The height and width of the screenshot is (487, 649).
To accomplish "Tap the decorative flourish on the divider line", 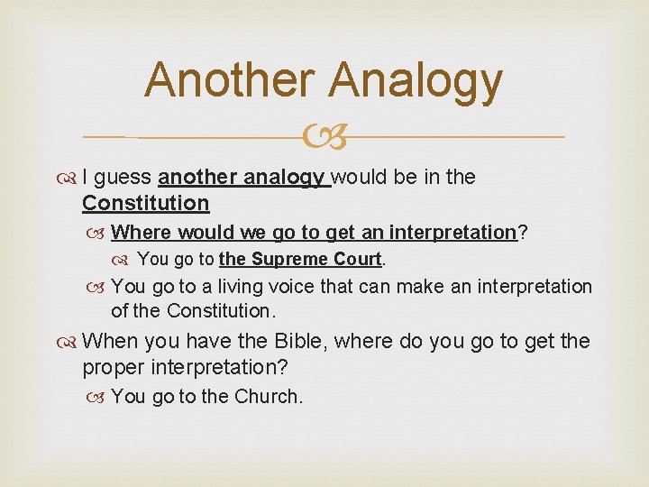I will [324, 137].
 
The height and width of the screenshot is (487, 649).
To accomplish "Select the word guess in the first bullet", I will [123, 178].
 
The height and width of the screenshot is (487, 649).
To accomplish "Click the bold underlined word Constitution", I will [145, 203].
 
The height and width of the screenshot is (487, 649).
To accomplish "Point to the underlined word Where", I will [142, 233].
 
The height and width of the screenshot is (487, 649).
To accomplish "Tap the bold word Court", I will [359, 260].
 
